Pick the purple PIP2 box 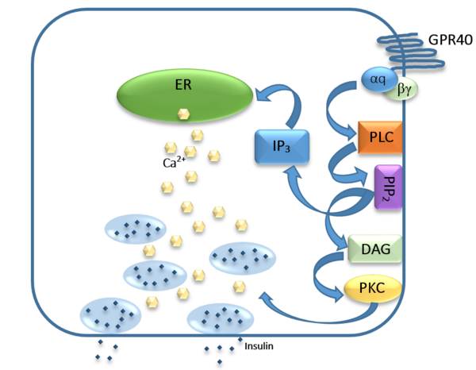coord(386,187)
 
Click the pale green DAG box coord(375,249)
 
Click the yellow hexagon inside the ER coord(183,114)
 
